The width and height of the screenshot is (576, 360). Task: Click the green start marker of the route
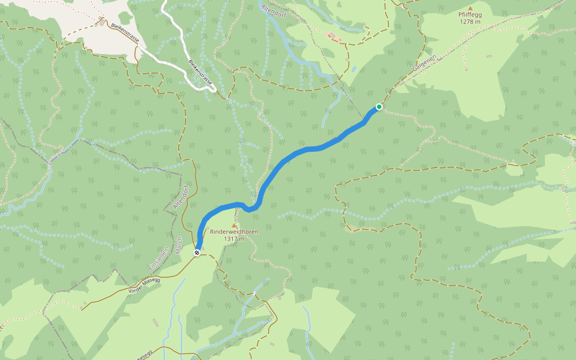(379, 107)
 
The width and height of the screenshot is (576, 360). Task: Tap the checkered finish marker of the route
(197, 253)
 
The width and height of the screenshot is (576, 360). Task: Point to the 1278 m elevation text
(470, 21)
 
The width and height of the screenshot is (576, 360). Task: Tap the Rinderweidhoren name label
(234, 231)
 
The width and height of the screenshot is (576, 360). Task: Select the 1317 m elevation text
(234, 238)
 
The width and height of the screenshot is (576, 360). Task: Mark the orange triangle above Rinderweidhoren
(234, 224)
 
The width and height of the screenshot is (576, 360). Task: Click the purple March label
(179, 244)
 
